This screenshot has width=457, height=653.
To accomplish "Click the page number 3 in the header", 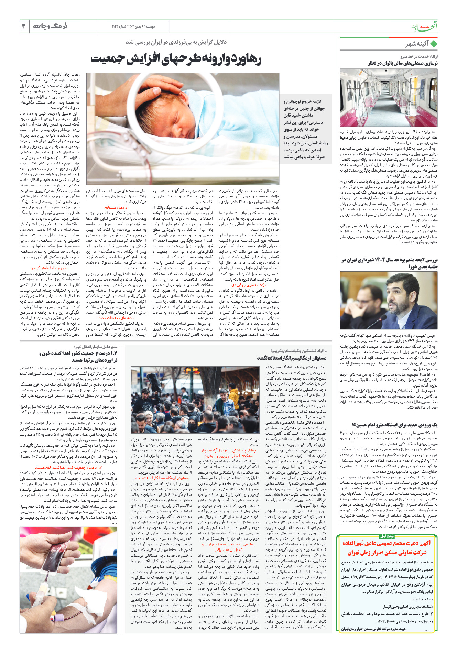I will [24, 26].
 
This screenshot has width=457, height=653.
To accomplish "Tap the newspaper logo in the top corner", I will [424, 27].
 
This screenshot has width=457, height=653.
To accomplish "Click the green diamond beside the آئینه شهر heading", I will [434, 44].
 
